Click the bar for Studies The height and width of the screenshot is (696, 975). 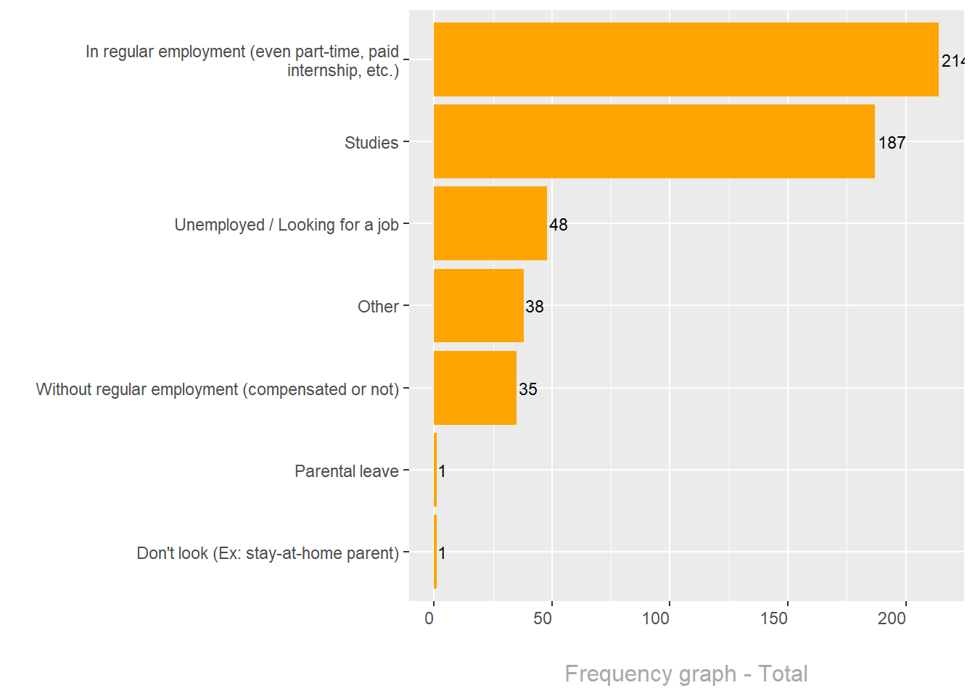[x=653, y=141]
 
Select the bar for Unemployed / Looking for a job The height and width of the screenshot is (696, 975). [x=490, y=223]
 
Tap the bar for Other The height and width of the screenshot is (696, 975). [x=478, y=305]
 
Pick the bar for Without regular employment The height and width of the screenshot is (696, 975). [x=474, y=388]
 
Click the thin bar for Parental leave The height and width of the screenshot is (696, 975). [x=435, y=470]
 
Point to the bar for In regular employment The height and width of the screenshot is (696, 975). [x=686, y=59]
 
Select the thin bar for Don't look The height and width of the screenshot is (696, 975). [x=435, y=552]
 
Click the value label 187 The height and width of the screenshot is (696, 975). [x=892, y=143]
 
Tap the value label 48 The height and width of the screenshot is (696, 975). [x=559, y=225]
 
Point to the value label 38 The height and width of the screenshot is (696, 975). [x=535, y=307]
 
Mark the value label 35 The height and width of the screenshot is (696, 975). [x=528, y=389]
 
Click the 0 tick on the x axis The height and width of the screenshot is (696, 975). [x=429, y=618]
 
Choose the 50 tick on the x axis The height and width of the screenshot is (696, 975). [x=543, y=618]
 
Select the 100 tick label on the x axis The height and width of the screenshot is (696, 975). [x=656, y=618]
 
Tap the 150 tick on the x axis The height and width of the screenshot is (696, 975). [x=774, y=618]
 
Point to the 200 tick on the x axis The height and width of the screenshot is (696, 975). [x=892, y=618]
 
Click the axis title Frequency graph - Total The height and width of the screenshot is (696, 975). [x=686, y=674]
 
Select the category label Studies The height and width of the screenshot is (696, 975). [x=371, y=143]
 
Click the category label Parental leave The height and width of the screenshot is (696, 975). [x=347, y=471]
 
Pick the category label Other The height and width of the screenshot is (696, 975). [x=378, y=307]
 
